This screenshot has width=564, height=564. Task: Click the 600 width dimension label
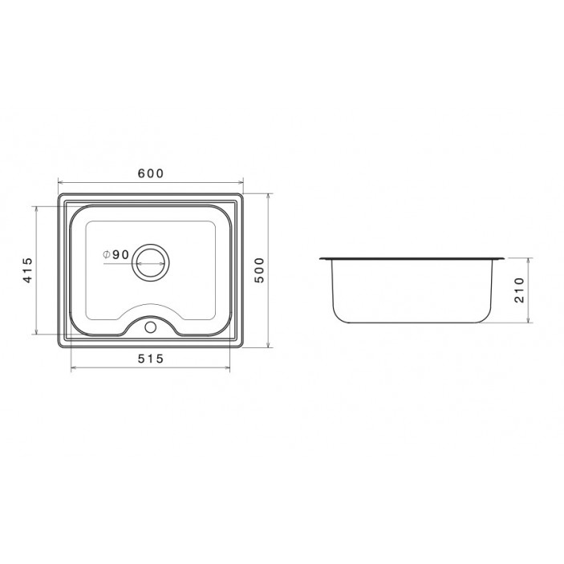[x=151, y=173]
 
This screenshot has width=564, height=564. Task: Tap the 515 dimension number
[x=151, y=359]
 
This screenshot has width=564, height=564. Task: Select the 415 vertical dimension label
[x=28, y=270]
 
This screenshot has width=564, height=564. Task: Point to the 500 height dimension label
[x=259, y=270]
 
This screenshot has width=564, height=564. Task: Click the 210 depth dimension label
[x=519, y=290]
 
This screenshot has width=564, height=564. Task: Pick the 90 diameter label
[x=120, y=254]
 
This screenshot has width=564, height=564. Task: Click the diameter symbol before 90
[x=106, y=254]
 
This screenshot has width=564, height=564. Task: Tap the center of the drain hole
[x=151, y=263]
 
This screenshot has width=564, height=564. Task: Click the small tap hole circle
[x=150, y=327]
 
